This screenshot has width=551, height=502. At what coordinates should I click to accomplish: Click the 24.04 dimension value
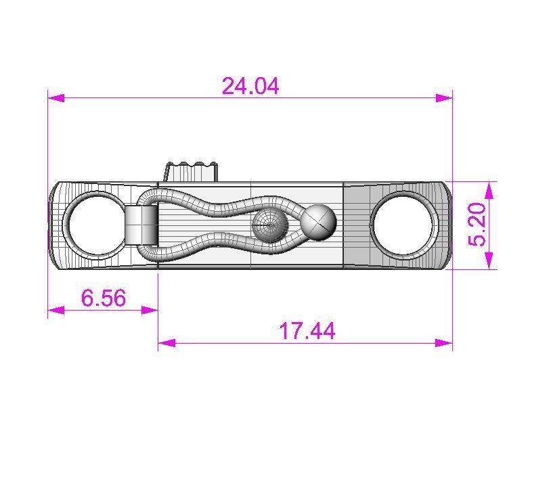pyautogui.click(x=250, y=86)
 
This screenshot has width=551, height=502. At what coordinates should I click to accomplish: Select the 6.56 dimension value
pyautogui.click(x=103, y=298)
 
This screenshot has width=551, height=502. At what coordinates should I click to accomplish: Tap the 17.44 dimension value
pyautogui.click(x=307, y=331)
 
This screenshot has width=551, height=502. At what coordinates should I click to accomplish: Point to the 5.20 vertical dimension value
pyautogui.click(x=478, y=225)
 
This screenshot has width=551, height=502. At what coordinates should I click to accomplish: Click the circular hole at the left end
pyautogui.click(x=94, y=225)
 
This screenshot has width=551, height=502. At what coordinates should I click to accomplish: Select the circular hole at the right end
pyautogui.click(x=404, y=225)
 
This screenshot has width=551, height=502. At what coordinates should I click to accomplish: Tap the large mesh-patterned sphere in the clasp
pyautogui.click(x=269, y=225)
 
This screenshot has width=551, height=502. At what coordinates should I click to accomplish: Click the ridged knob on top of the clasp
pyautogui.click(x=192, y=171)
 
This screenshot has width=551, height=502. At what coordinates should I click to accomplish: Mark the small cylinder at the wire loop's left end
pyautogui.click(x=141, y=225)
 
